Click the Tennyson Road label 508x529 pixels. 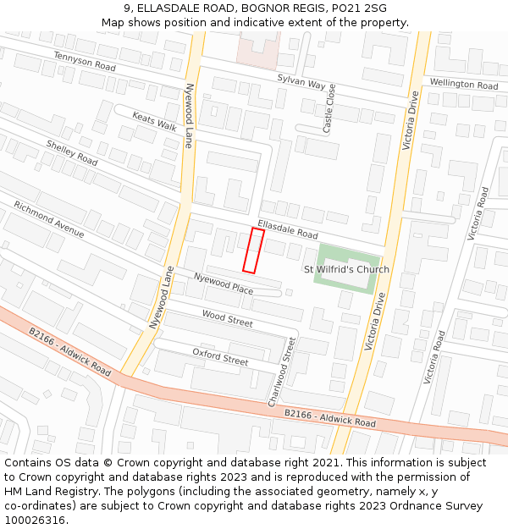(x=84, y=61)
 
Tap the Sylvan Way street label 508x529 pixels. (x=301, y=82)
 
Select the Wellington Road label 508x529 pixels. (x=464, y=85)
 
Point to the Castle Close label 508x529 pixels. (x=329, y=108)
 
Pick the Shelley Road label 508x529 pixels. (x=72, y=152)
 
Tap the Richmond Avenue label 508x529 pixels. (x=49, y=219)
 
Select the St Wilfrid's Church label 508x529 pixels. (x=346, y=270)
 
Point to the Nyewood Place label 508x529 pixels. (x=224, y=284)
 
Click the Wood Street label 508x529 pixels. (x=227, y=318)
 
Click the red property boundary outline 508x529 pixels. (x=253, y=251)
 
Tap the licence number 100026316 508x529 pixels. (x=35, y=521)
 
